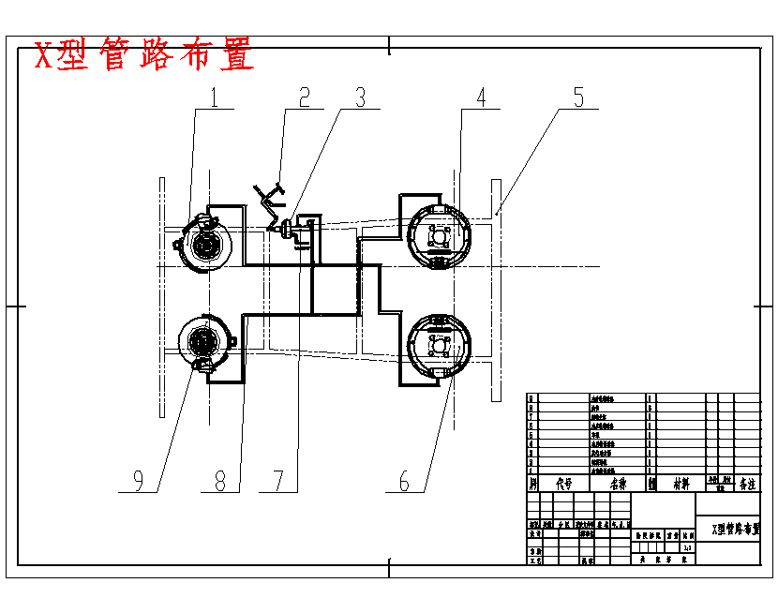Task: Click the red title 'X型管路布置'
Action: pos(144,56)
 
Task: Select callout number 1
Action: pos(215,97)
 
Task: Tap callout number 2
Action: pos(304,97)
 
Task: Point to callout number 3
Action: pos(360,97)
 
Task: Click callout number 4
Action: pos(481,97)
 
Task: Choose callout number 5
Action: pos(578,97)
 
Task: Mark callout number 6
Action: pos(405,481)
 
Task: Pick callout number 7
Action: pos(278,481)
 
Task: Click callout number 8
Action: pos(220,481)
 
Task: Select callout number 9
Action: pos(138,481)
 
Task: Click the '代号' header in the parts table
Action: pos(564,485)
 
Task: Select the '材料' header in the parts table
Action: pos(680,485)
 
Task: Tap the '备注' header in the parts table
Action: pos(747,485)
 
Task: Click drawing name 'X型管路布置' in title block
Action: pos(735,530)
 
